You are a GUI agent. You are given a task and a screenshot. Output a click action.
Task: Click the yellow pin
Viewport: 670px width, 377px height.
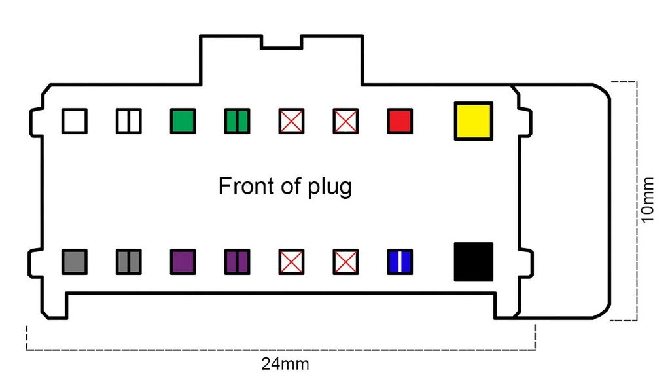click(474, 121)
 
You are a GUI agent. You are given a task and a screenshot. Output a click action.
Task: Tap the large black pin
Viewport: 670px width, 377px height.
click(474, 262)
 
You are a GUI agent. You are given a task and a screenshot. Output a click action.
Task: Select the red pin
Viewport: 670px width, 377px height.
click(400, 121)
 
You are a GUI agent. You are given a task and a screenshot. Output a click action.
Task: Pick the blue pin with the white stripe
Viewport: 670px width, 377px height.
click(400, 262)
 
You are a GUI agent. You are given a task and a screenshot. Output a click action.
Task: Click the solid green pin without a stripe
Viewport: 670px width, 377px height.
click(183, 121)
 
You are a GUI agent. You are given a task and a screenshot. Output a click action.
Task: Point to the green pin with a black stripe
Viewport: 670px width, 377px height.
click(237, 121)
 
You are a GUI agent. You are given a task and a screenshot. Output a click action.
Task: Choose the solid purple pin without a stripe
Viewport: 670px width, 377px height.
click(183, 262)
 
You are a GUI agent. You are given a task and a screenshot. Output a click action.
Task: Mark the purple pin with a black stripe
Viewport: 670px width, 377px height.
click(237, 262)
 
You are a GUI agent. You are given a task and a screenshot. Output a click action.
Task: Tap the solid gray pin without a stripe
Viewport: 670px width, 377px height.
click(75, 262)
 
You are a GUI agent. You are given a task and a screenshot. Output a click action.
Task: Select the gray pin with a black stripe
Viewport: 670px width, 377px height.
click(129, 262)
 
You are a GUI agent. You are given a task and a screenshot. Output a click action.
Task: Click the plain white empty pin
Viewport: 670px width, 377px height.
click(75, 121)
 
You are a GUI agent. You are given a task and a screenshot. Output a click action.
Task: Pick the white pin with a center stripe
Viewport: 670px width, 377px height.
click(129, 121)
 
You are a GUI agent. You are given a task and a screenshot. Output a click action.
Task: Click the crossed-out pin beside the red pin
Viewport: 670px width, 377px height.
click(345, 121)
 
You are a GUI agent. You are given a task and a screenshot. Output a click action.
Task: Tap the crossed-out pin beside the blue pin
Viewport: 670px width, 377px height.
click(345, 262)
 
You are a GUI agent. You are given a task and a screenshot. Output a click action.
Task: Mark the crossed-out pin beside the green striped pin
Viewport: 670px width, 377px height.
click(291, 121)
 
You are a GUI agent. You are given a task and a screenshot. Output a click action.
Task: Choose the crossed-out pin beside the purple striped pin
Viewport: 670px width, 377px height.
click(291, 262)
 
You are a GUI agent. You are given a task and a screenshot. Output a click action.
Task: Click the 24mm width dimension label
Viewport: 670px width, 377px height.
click(285, 364)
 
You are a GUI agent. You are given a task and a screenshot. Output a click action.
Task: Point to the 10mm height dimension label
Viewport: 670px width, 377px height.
click(648, 200)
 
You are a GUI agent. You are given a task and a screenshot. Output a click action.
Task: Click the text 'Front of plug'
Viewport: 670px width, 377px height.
click(285, 187)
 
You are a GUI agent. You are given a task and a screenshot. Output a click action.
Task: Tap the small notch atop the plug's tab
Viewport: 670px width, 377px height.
click(281, 43)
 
